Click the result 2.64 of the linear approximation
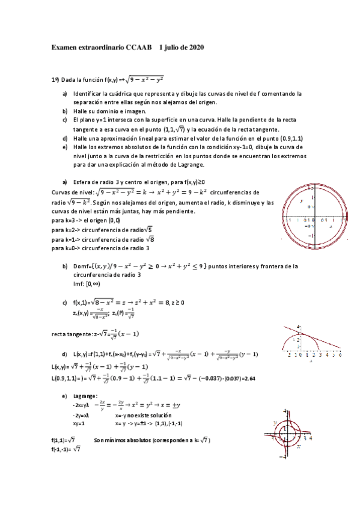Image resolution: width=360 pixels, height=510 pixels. [x=251, y=378]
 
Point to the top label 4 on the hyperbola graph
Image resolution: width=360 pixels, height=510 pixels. [x=286, y=411]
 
